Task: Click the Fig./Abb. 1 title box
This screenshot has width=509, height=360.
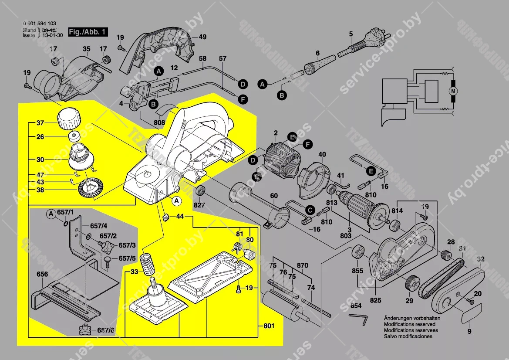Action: click(88, 32)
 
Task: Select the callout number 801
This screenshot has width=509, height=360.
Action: click(270, 325)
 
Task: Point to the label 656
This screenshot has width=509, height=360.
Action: click(42, 274)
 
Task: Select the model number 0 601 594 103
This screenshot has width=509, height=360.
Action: click(39, 24)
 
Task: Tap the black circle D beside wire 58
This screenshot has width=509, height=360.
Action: click(243, 84)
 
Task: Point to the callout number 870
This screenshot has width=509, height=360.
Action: click(302, 265)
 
